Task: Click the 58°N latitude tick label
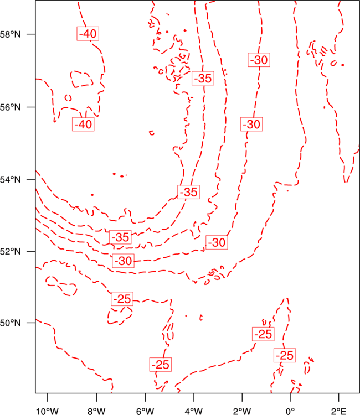(x=11, y=34)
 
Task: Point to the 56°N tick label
(x=11, y=107)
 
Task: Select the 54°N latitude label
(x=11, y=179)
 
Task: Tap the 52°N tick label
(x=11, y=251)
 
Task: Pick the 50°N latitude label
(x=11, y=323)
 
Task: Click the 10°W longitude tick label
(x=48, y=411)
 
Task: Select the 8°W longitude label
(x=96, y=411)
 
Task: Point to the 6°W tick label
(x=145, y=411)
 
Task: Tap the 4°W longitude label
(x=194, y=411)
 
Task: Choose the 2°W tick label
(x=242, y=411)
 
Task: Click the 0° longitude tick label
(x=290, y=411)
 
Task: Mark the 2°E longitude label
(x=339, y=411)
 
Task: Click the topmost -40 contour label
(x=88, y=34)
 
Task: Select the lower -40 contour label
(x=83, y=124)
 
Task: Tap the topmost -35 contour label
(x=203, y=78)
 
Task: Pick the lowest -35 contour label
(x=120, y=237)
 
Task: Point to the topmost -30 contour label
(x=259, y=60)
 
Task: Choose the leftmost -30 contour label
(x=123, y=261)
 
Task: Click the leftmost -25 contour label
(x=122, y=299)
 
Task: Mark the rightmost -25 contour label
(x=285, y=355)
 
